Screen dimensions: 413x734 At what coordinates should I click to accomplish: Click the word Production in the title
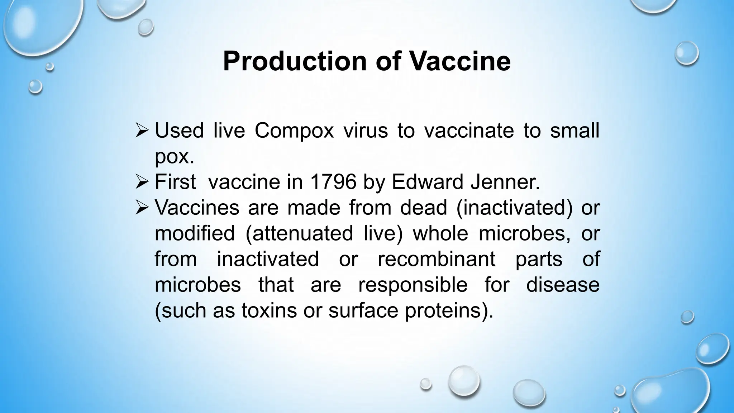pos(294,62)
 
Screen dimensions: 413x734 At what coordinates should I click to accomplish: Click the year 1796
pos(333,182)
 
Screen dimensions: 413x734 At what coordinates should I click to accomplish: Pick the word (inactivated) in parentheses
pos(514,208)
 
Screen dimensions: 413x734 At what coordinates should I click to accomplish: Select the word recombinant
pos(437,259)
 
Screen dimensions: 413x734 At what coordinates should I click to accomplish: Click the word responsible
pos(413,285)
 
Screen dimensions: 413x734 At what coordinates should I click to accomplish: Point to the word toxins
pos(269,310)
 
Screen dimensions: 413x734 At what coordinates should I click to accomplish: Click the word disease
pos(563,285)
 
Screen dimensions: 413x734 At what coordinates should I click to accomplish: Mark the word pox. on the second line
pos(174,157)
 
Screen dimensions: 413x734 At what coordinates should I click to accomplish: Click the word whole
pos(440,234)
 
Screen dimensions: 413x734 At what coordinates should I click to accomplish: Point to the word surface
pos(363,310)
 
